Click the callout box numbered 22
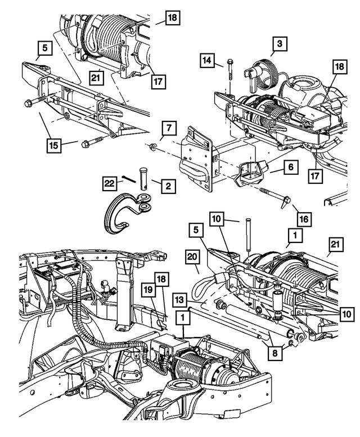[110, 183]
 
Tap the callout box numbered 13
[180, 298]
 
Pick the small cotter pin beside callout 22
[128, 179]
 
